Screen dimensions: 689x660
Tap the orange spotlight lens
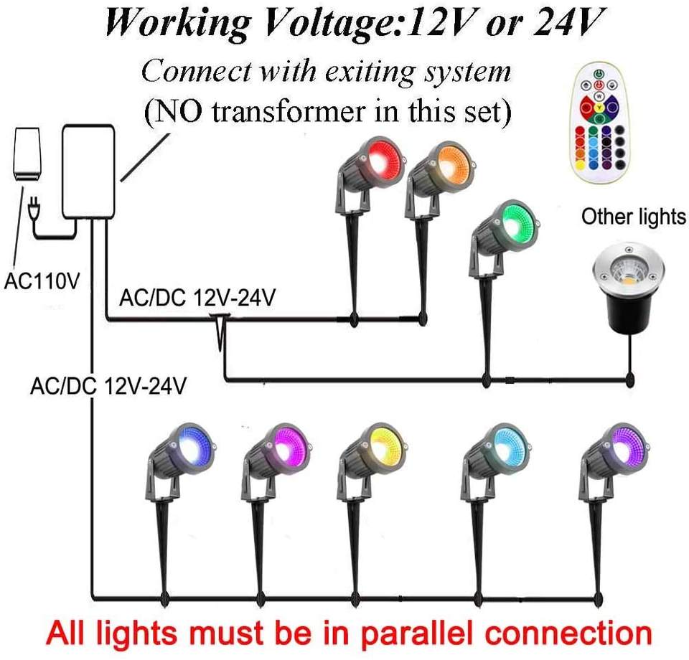point(454,162)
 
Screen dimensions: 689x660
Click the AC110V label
point(42,281)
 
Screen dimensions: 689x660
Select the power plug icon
point(32,208)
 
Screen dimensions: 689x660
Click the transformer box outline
point(88,171)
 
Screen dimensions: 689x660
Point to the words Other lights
point(633,217)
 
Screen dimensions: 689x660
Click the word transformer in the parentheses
point(289,111)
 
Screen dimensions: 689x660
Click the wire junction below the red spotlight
point(354,320)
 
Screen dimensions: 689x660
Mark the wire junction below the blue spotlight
point(165,598)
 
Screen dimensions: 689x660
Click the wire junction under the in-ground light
point(629,379)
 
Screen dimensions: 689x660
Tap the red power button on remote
point(599,85)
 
